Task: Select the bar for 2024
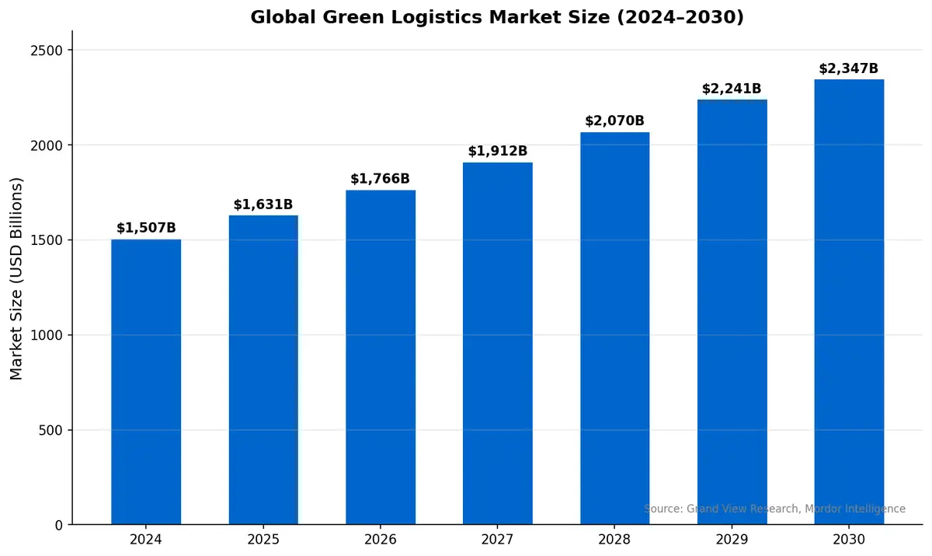pos(146,381)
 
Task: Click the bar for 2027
pos(497,343)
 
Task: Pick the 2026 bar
pos(381,357)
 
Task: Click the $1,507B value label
pos(146,228)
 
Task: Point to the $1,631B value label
pos(263,205)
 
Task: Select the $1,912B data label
pos(497,151)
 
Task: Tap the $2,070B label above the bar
pos(614,121)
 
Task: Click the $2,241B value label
pos(732,89)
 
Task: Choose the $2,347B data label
pos(848,68)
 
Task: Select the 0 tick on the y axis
pos(59,526)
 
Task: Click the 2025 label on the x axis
pos(263,539)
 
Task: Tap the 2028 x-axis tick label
pos(614,539)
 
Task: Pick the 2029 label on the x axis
pos(732,539)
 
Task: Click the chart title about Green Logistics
pos(497,17)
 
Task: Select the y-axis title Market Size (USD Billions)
pos(17,278)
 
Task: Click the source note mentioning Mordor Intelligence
pos(774,509)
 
